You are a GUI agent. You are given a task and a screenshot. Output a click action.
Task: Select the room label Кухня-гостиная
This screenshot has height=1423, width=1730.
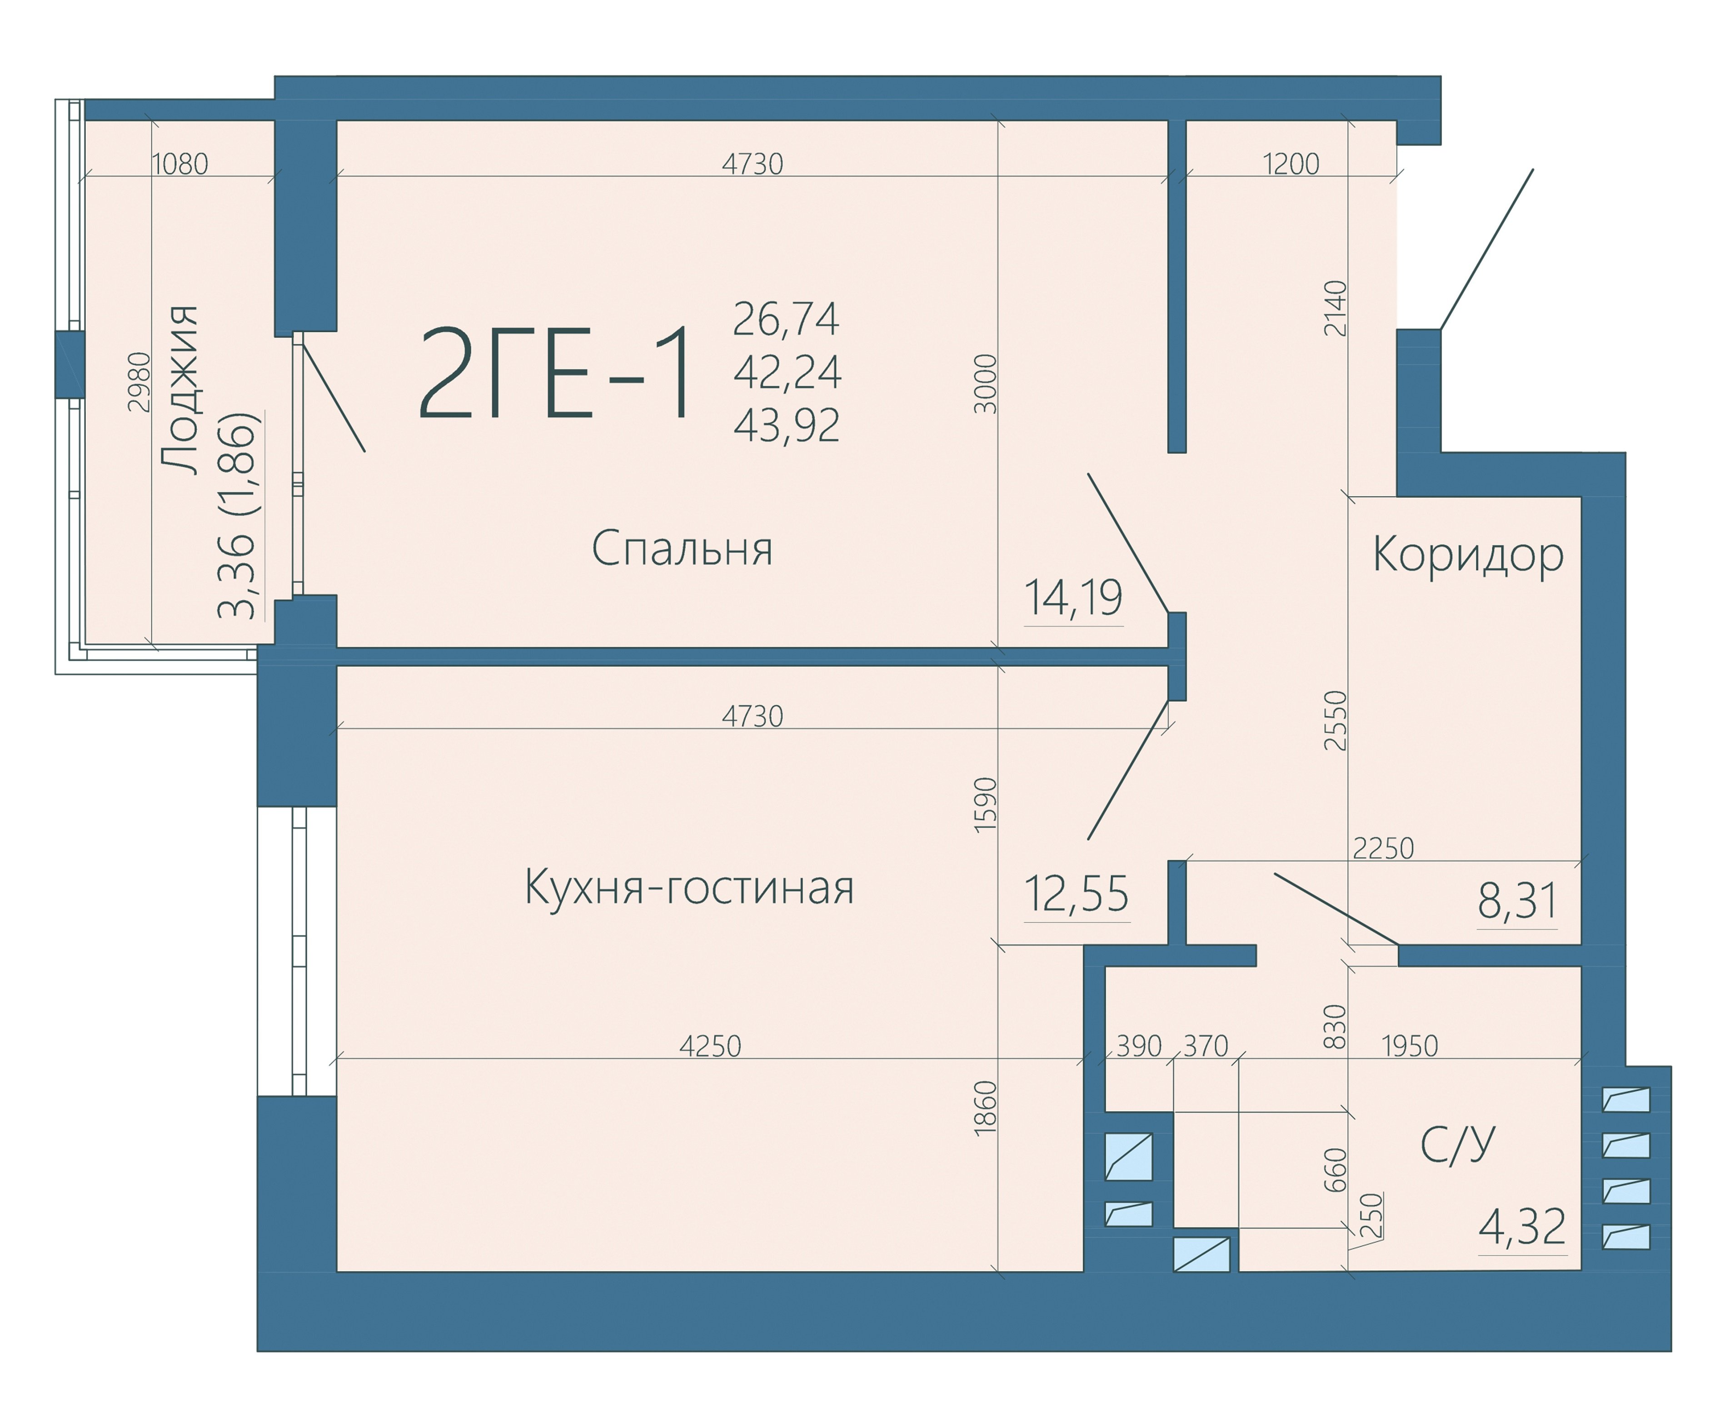pyautogui.click(x=689, y=887)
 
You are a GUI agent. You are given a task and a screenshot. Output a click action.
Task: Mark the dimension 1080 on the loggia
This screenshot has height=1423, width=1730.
pyautogui.click(x=180, y=164)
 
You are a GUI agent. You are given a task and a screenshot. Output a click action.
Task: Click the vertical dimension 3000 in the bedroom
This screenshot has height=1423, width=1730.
pyautogui.click(x=986, y=383)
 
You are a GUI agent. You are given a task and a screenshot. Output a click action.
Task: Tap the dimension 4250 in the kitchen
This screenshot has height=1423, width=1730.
pyautogui.click(x=710, y=1046)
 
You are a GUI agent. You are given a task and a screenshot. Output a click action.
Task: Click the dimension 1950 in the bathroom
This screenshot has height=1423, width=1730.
pyautogui.click(x=1410, y=1046)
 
